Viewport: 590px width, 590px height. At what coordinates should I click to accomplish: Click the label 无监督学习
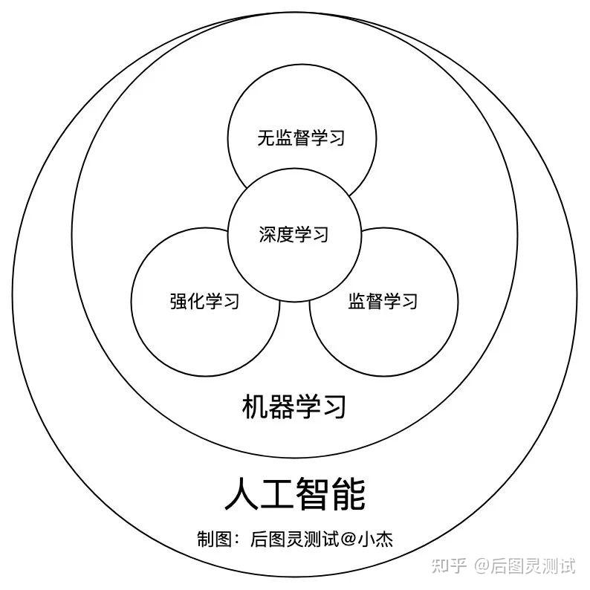301,137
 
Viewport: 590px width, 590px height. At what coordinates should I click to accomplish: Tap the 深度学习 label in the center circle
294,235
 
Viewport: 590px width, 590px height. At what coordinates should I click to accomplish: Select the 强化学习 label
204,302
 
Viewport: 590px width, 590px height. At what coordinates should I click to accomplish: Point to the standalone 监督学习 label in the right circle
383,301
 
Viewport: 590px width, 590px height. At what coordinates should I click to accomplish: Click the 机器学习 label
294,407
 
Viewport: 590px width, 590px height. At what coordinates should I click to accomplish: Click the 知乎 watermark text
449,566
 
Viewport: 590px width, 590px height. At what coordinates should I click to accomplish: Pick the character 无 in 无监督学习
266,137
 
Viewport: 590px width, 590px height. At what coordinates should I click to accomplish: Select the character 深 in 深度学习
268,235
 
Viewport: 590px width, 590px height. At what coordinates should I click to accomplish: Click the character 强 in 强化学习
178,302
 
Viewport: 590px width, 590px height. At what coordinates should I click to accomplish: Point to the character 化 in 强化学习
195,302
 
